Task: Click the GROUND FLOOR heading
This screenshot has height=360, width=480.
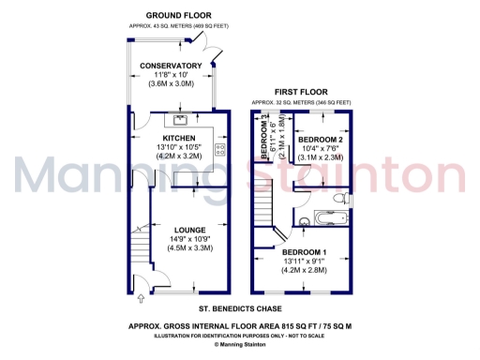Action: (x=178, y=16)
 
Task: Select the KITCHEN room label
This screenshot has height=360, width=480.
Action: (x=178, y=138)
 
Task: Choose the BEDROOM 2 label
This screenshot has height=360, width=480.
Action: (x=321, y=140)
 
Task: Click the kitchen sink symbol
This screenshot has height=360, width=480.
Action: (x=177, y=120)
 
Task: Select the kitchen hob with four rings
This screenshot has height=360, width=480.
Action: (x=221, y=147)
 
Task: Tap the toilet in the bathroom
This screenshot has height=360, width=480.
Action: (x=345, y=198)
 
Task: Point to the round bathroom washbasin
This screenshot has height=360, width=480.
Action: (x=303, y=221)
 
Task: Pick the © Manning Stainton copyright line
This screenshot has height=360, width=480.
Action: (x=243, y=344)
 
